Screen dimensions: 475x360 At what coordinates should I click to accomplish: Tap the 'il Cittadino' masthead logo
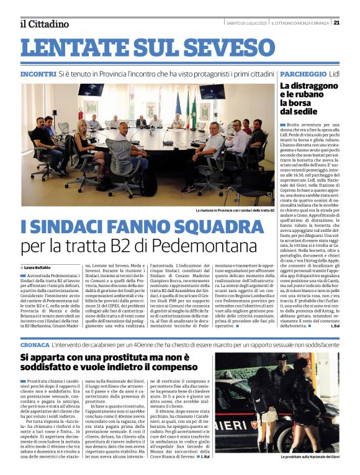coord(44,24)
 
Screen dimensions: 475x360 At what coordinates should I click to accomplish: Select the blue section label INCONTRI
coord(38,73)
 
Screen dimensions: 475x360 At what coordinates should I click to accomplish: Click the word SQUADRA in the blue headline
coord(211,226)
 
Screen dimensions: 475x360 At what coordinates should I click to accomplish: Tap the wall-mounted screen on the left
coord(91,91)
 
